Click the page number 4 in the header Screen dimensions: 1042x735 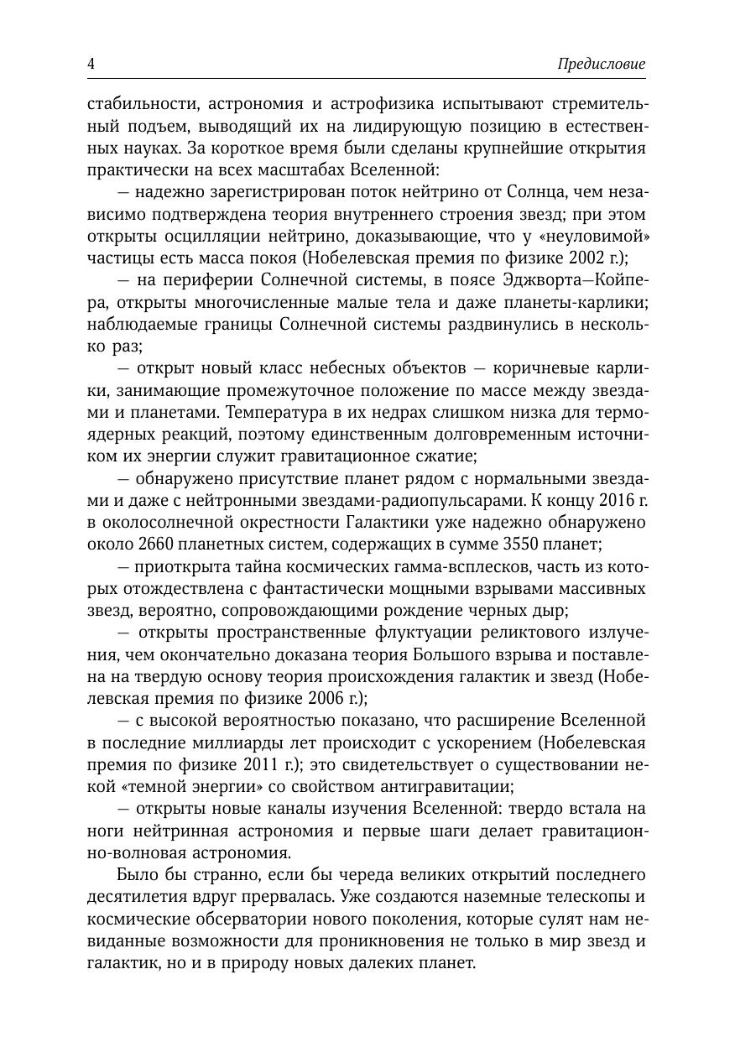pyautogui.click(x=91, y=65)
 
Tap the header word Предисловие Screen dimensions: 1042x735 pyautogui.click(x=601, y=65)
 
